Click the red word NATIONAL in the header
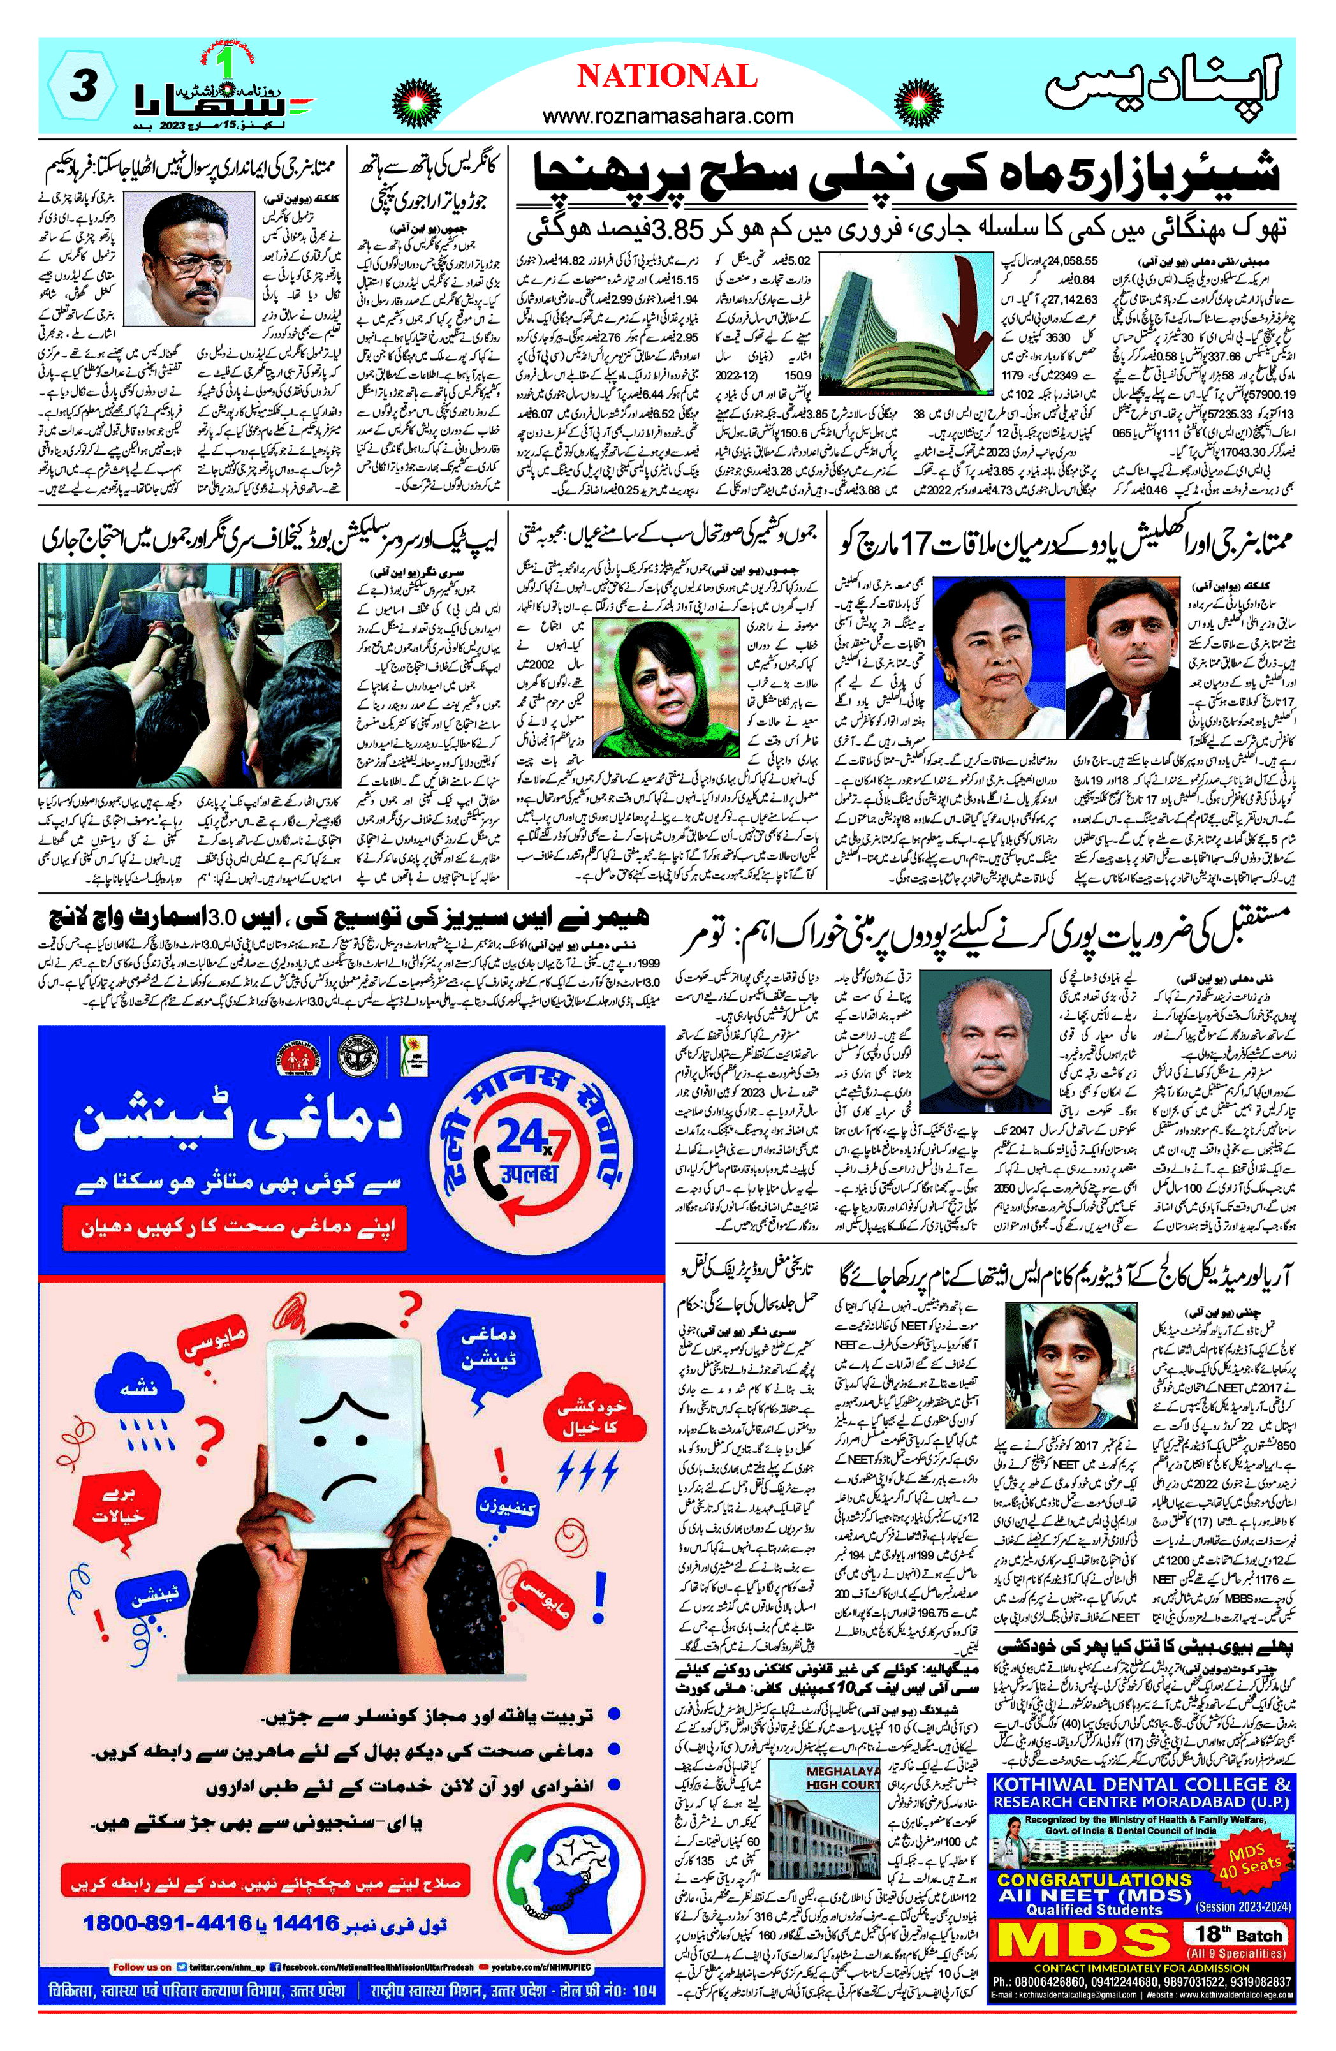pyautogui.click(x=666, y=77)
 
